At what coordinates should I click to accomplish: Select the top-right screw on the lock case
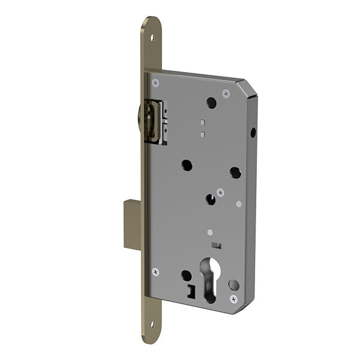point(226,93)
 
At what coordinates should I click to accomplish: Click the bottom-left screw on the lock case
point(156,272)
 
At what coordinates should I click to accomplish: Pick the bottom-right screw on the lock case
point(233,298)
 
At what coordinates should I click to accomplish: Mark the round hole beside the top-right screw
point(211,103)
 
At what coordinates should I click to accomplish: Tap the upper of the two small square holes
point(203,119)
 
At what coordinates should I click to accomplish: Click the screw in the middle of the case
point(221,193)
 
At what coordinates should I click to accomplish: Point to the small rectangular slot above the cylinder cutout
point(215,245)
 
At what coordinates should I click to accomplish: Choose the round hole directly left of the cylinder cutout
point(187,275)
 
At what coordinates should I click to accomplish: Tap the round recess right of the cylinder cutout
point(233,284)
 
